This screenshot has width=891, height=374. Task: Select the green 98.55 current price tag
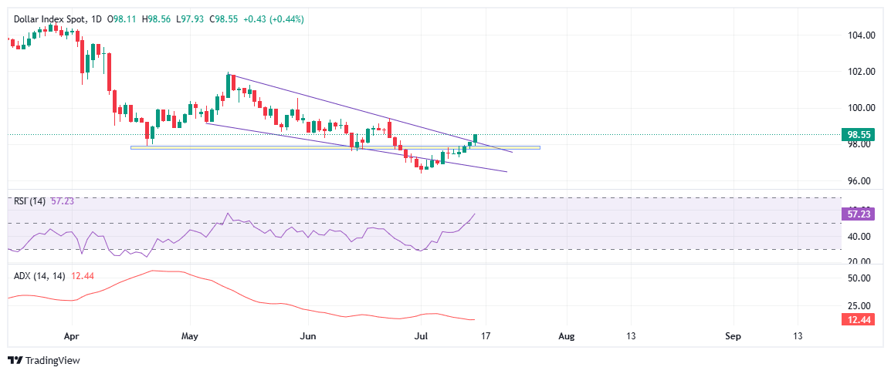pos(859,133)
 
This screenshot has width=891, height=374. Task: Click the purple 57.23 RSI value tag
pos(859,214)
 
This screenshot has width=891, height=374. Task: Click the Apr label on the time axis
pos(72,336)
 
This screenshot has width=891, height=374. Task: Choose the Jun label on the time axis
pos(308,336)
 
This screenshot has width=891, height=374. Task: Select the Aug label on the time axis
pos(566,336)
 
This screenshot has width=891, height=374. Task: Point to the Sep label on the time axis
pos(733,336)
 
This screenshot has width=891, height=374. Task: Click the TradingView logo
pos(43,360)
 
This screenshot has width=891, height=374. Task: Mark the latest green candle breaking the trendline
pos(476,138)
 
